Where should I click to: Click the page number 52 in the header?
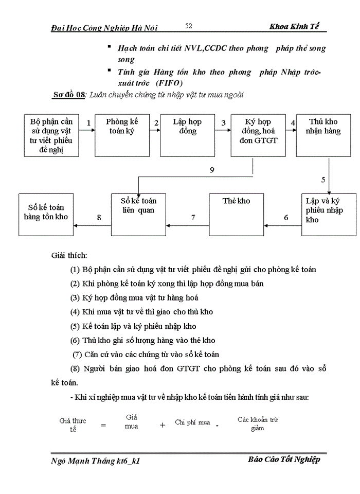click(x=188, y=26)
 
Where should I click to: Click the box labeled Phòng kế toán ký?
click(x=122, y=135)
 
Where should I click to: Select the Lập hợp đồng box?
click(x=187, y=135)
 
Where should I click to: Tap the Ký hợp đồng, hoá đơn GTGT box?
click(x=258, y=135)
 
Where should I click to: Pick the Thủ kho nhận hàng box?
click(x=323, y=135)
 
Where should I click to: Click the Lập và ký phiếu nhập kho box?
click(x=329, y=214)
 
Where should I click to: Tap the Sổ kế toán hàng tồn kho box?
click(x=46, y=214)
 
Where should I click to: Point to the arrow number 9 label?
click(x=212, y=170)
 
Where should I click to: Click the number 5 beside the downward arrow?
click(x=323, y=180)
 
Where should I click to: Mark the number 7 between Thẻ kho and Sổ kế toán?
click(x=193, y=218)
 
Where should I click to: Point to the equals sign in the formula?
click(x=103, y=426)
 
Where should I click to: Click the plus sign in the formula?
click(x=163, y=425)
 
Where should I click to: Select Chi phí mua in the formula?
click(x=192, y=422)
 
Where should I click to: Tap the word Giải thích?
click(x=69, y=255)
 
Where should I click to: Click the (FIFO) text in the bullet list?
click(x=167, y=82)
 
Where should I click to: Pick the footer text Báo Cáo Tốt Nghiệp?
click(x=283, y=460)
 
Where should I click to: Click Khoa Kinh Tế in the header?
click(x=297, y=27)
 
